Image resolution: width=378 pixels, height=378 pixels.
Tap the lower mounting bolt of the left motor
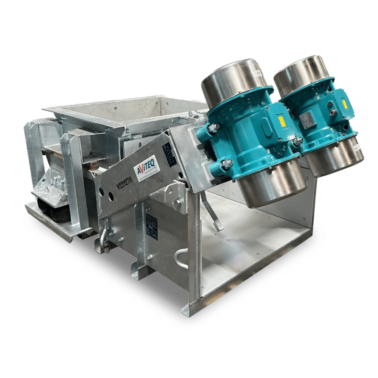[227, 164]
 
